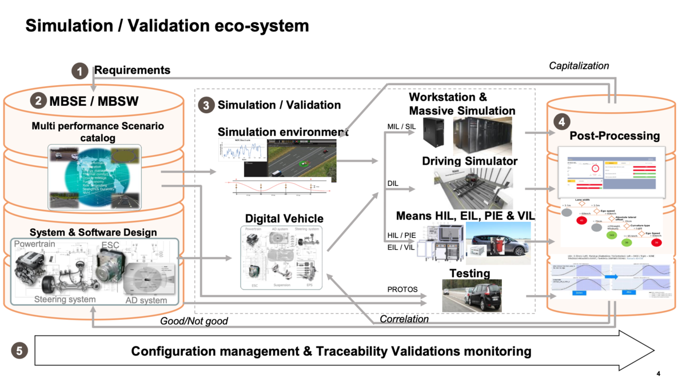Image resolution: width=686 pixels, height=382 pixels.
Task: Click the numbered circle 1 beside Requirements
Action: [80, 71]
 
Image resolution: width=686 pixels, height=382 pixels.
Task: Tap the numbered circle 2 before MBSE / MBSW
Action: [38, 101]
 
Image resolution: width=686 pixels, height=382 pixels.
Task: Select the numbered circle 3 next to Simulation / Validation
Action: [206, 105]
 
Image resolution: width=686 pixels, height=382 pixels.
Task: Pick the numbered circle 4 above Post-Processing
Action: [562, 121]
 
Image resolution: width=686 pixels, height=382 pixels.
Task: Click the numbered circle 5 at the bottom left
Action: [19, 350]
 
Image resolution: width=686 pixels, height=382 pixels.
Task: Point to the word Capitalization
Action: [579, 66]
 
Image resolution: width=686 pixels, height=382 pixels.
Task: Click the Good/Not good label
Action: [194, 321]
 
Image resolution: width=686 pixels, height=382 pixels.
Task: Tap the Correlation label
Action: [404, 319]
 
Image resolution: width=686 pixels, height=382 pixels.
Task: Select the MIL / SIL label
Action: [401, 126]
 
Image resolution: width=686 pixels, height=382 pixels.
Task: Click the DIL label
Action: [393, 184]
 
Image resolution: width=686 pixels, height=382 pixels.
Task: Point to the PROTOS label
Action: [402, 289]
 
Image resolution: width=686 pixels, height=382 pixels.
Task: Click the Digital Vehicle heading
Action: [284, 218]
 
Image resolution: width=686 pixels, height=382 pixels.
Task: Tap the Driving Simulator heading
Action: [469, 161]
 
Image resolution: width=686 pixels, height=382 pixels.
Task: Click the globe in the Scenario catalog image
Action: [95, 174]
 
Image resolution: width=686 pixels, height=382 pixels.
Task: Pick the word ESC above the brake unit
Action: [110, 245]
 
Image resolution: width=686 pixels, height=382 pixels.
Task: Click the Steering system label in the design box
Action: [65, 299]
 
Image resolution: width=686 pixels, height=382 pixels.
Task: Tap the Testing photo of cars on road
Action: [472, 296]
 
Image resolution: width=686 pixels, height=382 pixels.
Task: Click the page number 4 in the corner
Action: [659, 373]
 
